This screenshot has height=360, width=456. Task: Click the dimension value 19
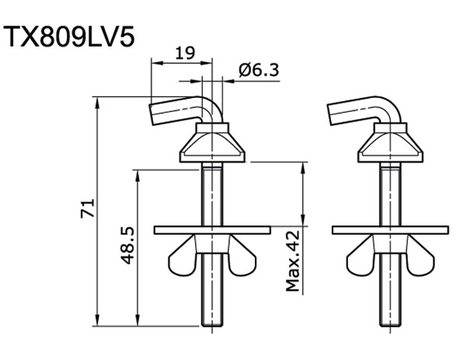click(184, 53)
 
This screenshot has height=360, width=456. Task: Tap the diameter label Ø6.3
click(259, 70)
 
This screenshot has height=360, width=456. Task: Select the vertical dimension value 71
click(88, 208)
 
